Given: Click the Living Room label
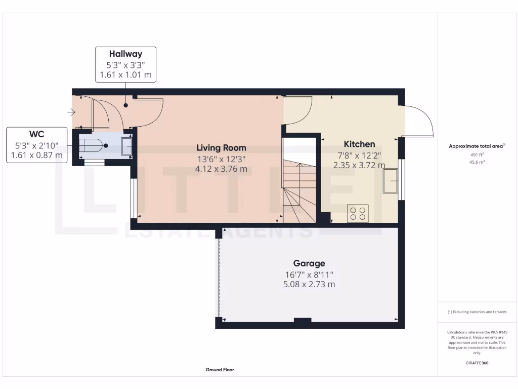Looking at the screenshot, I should (x=221, y=148).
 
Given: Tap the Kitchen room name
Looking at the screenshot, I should (x=359, y=144).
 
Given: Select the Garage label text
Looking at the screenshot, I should (x=309, y=263).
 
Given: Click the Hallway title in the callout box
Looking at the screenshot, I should (x=125, y=54).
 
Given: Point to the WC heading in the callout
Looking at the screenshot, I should (x=36, y=134).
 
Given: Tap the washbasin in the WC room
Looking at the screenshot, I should (x=126, y=146).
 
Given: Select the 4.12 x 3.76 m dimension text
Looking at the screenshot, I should (x=221, y=169).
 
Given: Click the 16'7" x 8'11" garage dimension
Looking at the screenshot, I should (x=309, y=275).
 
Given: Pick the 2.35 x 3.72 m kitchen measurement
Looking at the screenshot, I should (x=359, y=165).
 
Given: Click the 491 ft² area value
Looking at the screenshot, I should (x=477, y=155).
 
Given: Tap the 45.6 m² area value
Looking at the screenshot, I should (x=477, y=162).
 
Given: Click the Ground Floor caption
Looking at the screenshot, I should (x=220, y=370).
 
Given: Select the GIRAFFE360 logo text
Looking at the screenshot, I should (x=477, y=363).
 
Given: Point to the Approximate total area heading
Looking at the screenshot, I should (x=477, y=146).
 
